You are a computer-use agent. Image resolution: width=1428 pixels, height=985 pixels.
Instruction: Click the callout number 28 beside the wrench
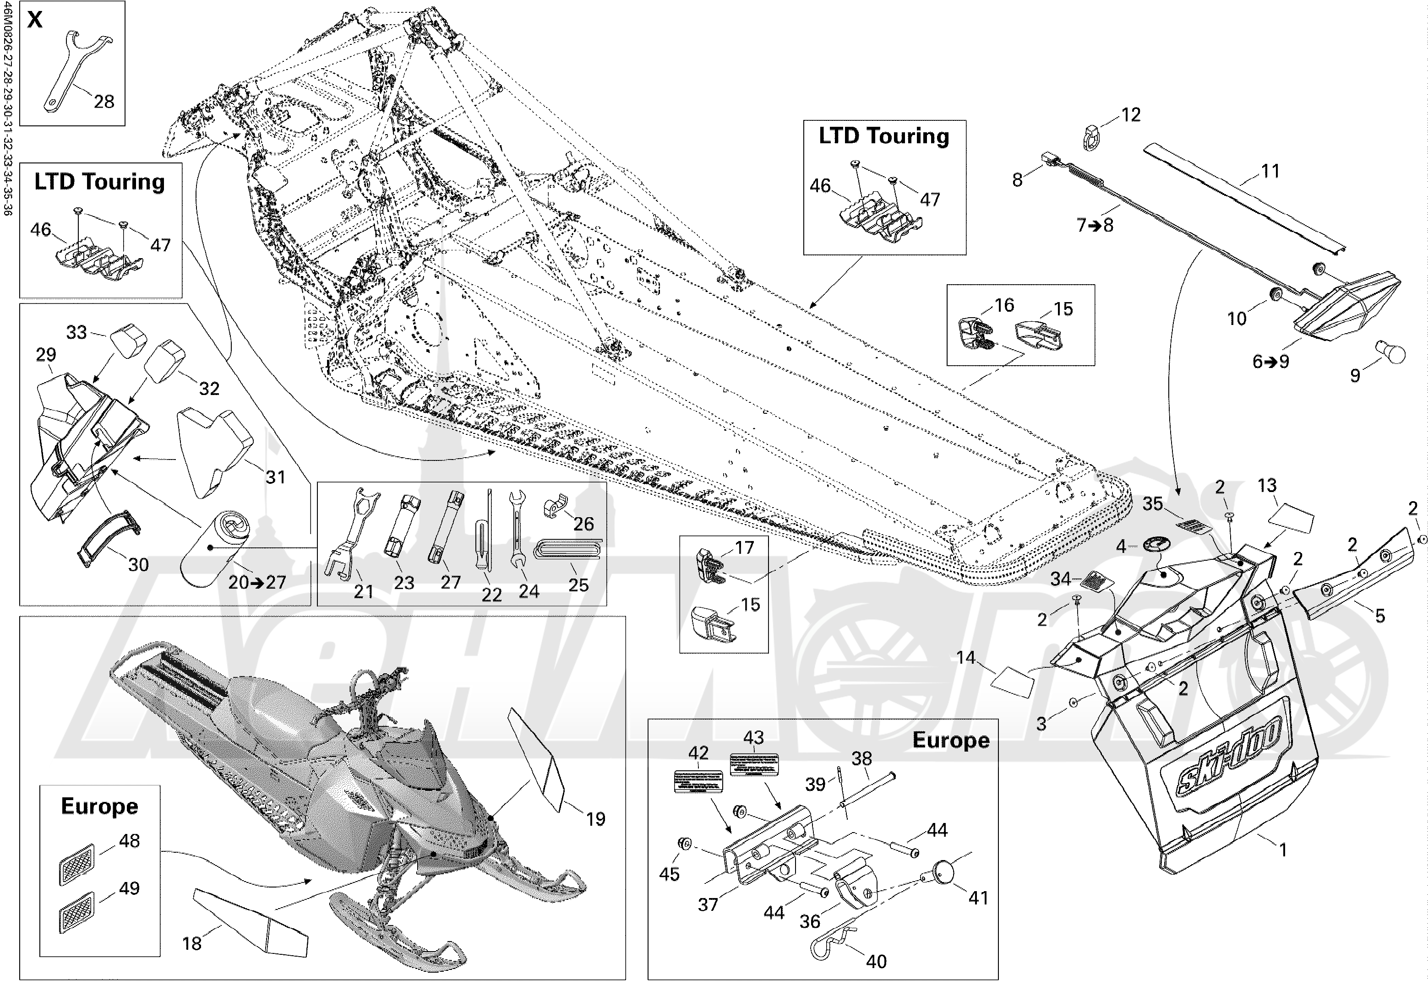[x=104, y=101]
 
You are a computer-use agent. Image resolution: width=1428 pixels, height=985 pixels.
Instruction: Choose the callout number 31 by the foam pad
[x=275, y=476]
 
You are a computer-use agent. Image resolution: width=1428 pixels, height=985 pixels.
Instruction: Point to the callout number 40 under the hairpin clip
[x=876, y=961]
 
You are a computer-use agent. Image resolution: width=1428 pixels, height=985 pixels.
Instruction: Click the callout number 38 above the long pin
[x=861, y=758]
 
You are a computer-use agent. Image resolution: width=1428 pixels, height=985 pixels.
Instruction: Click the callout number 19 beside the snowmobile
[x=595, y=819]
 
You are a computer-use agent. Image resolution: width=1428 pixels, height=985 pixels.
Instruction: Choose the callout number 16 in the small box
[x=1004, y=305]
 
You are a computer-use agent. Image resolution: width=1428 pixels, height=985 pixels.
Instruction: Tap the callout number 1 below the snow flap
[x=1283, y=850]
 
